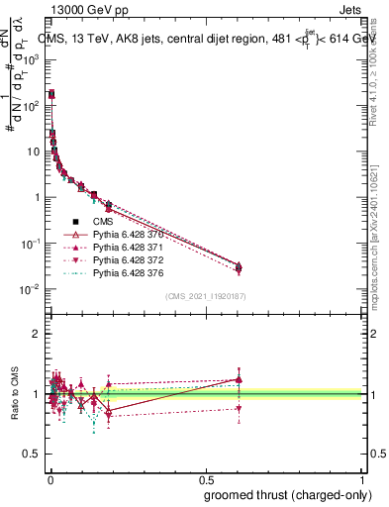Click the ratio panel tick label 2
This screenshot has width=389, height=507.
(x=38, y=334)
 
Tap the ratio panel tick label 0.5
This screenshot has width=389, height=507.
(x=33, y=455)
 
